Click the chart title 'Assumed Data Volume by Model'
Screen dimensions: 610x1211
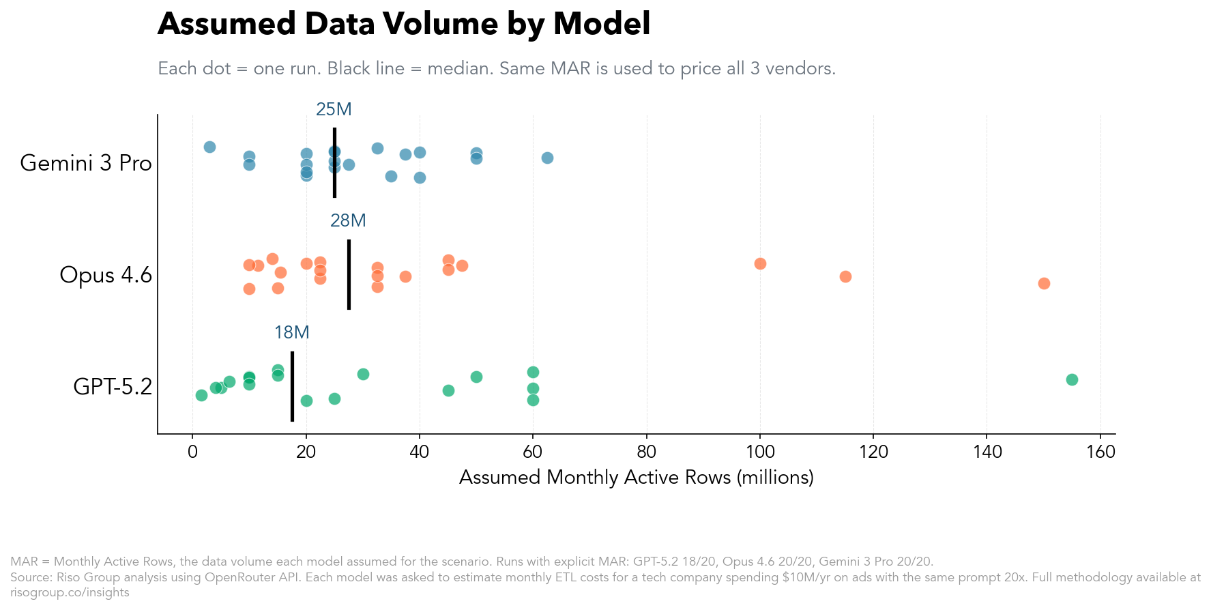pos(403,25)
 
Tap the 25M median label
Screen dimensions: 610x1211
pos(334,109)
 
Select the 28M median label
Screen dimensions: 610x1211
pos(348,220)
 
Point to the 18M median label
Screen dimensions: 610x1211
pos(291,332)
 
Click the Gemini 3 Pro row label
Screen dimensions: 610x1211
pos(86,163)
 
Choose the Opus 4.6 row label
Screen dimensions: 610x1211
pos(106,275)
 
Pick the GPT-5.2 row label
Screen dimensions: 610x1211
pos(113,387)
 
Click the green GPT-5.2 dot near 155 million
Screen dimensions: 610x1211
pos(1071,379)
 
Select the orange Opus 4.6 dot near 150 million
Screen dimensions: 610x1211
pos(1043,283)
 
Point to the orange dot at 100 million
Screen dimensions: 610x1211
pos(760,263)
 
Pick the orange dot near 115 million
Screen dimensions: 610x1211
pos(845,276)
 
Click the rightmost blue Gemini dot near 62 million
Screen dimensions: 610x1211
pos(547,158)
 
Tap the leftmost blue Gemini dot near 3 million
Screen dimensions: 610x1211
pos(209,147)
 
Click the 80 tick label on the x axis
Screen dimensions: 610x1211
pos(646,452)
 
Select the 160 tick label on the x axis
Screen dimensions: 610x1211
pos(1100,452)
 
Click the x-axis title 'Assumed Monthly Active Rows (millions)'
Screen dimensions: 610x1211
pos(636,478)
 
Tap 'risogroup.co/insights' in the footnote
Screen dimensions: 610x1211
pos(70,593)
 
